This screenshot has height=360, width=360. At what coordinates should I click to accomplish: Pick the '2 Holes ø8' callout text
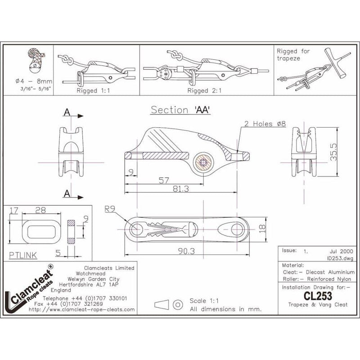(266, 123)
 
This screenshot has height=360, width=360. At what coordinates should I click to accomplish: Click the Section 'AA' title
(181, 109)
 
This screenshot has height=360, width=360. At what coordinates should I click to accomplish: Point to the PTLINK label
(22, 254)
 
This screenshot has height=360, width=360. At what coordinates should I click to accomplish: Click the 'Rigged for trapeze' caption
(293, 54)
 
